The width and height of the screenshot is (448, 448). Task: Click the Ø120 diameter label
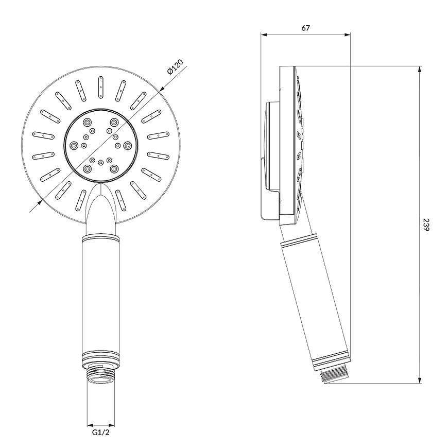pyautogui.click(x=175, y=67)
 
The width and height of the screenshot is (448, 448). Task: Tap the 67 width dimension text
pyautogui.click(x=305, y=28)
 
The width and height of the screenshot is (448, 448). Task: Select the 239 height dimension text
pyautogui.click(x=426, y=225)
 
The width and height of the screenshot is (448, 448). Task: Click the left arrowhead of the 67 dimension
pyautogui.click(x=264, y=35)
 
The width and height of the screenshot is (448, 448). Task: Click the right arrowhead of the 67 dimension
pyautogui.click(x=348, y=35)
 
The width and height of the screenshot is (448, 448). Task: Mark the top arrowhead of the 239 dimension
pyautogui.click(x=420, y=70)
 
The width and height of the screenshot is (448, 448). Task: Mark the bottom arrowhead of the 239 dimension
pyautogui.click(x=420, y=380)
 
